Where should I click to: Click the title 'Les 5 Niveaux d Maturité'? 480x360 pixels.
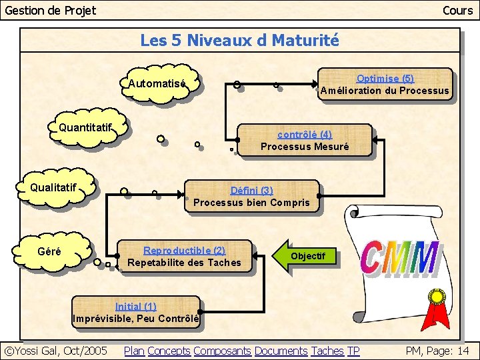click(x=239, y=41)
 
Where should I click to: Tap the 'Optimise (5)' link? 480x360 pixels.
click(x=385, y=79)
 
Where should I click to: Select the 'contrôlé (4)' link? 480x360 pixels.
click(x=304, y=135)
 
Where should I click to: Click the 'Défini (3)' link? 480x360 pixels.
click(x=251, y=191)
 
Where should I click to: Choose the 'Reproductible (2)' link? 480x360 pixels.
click(x=184, y=251)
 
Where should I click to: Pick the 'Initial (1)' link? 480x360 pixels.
click(x=135, y=307)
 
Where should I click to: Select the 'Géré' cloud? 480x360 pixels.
click(x=51, y=252)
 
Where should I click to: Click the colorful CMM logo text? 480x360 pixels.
click(x=400, y=259)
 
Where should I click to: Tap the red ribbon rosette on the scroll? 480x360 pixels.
click(x=437, y=307)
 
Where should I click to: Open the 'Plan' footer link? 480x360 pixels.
click(x=134, y=351)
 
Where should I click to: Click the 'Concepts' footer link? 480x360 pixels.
click(x=169, y=351)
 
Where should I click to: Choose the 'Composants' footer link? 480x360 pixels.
click(x=222, y=351)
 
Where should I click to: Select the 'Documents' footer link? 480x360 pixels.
click(x=281, y=351)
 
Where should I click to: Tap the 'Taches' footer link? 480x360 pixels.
click(x=327, y=351)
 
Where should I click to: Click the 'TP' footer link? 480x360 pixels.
click(x=353, y=351)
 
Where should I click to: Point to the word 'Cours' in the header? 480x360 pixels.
click(x=457, y=10)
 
